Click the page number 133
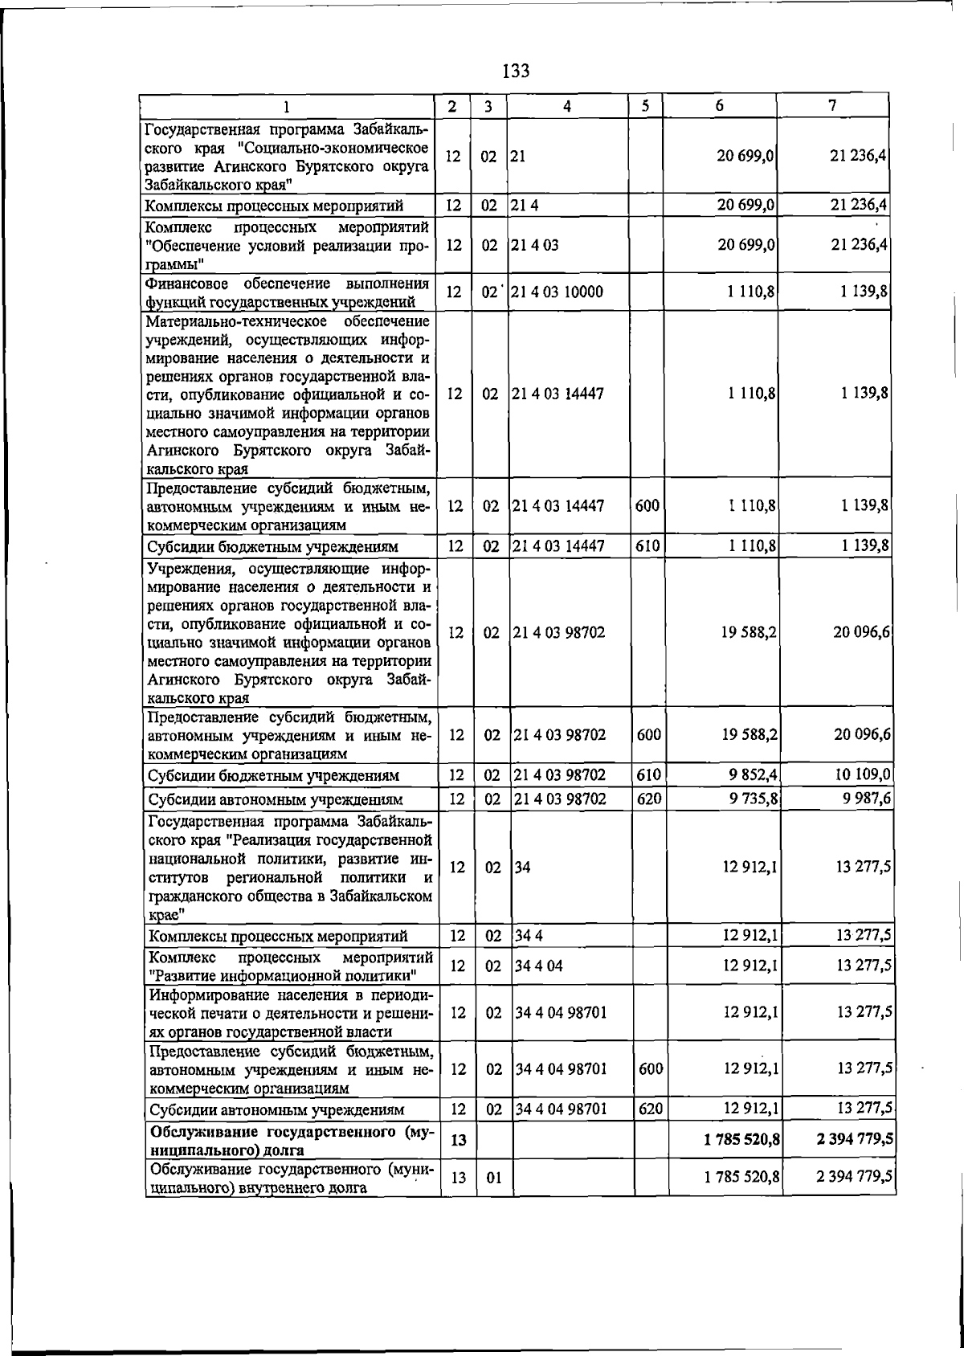point(516,71)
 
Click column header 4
point(567,106)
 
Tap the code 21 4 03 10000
point(557,292)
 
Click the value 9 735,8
point(749,798)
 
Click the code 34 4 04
point(539,965)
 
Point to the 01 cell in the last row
point(493,1178)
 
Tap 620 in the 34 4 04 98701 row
point(649,1109)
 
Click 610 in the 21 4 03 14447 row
point(647,545)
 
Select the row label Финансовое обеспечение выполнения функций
point(288,292)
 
